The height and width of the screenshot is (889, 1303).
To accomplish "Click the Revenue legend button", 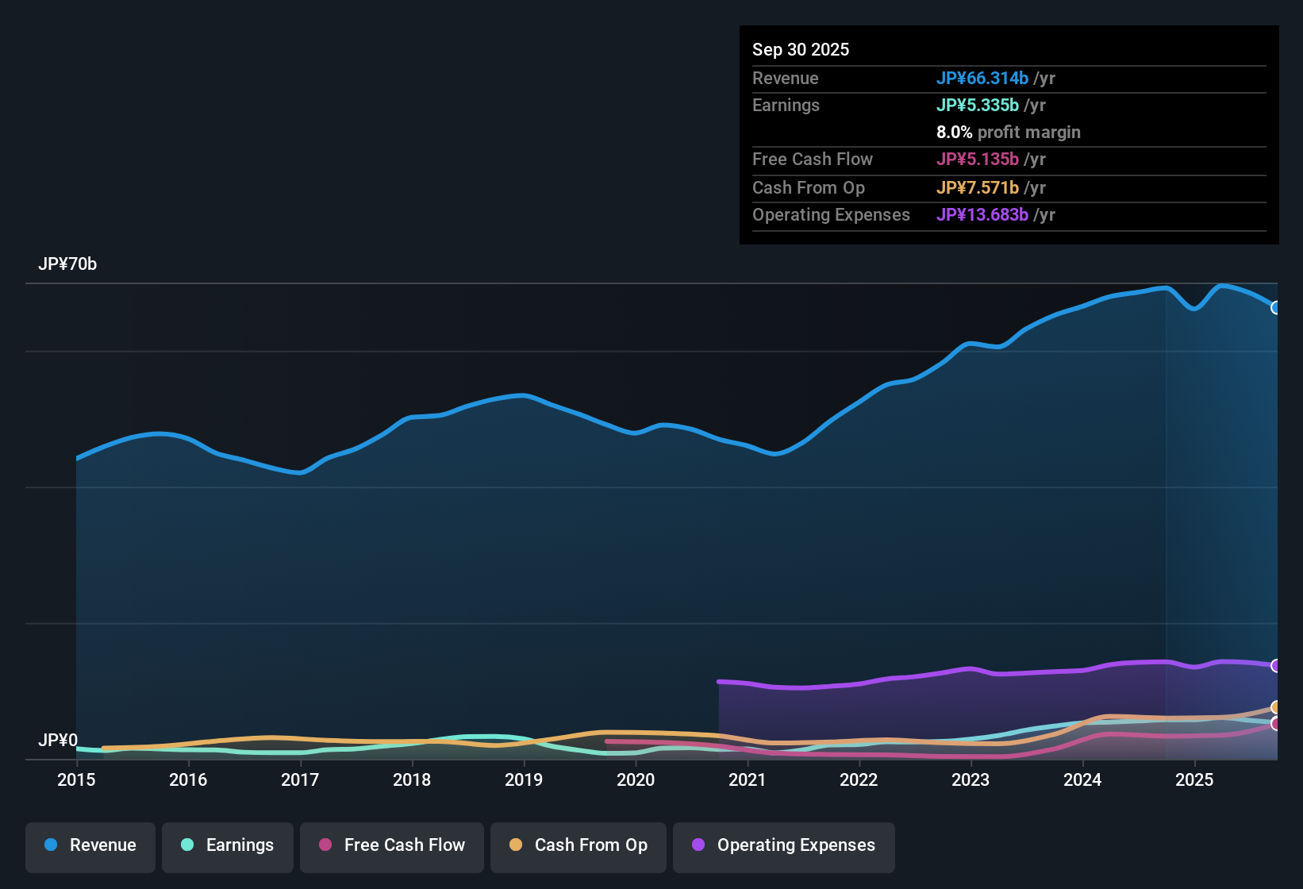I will click(90, 845).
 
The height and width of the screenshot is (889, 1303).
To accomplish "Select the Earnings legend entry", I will click(228, 845).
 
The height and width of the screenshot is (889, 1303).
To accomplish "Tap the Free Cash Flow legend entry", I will click(392, 845).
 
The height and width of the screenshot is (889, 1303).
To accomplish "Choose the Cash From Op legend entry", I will click(578, 845).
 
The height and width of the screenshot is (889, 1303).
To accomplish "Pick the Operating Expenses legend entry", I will click(784, 845).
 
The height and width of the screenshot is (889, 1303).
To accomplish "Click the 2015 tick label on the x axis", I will click(76, 779).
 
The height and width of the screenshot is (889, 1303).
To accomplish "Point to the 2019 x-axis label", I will click(524, 779).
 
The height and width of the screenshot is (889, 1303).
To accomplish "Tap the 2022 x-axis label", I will click(859, 779).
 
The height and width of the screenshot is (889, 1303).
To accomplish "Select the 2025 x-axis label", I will click(1194, 779).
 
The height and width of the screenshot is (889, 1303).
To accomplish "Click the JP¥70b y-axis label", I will click(67, 264).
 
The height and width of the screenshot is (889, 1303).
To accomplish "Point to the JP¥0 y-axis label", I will click(58, 740).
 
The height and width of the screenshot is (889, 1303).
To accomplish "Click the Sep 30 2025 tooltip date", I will click(801, 49).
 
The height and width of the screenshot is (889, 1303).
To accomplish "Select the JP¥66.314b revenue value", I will click(982, 78).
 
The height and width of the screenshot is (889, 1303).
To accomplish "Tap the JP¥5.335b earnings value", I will click(977, 105).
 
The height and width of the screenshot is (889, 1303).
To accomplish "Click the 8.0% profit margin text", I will click(1008, 132).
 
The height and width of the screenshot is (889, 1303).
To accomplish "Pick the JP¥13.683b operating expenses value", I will click(982, 214).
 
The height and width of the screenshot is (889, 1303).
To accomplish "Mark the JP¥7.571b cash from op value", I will click(977, 187).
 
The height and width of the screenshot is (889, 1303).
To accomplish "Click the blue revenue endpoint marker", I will click(1276, 307).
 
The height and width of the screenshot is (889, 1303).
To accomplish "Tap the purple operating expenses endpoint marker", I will click(1276, 665).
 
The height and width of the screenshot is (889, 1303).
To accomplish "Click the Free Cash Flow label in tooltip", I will click(812, 159).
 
